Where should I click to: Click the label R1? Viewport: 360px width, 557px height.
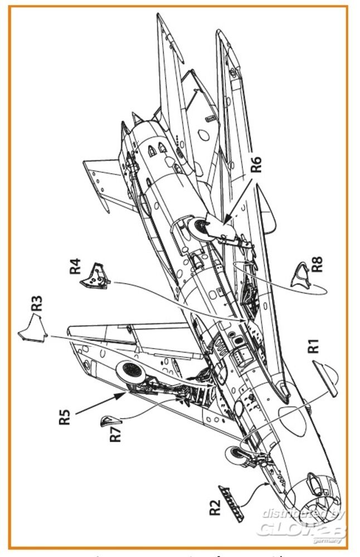[x=314, y=346]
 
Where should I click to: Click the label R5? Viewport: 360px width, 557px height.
[x=65, y=418]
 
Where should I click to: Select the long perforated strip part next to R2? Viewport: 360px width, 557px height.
[x=229, y=501]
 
